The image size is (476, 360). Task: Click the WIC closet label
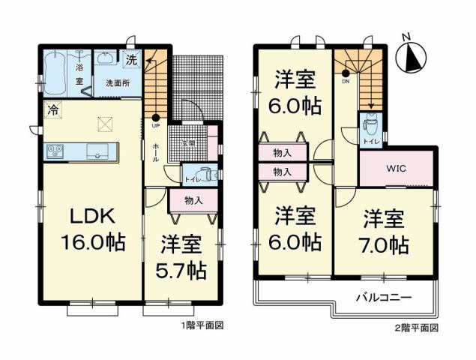point(396,168)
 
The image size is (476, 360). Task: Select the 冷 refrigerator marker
point(53,108)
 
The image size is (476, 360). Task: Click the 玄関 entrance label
point(187,142)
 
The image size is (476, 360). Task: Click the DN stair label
point(346,82)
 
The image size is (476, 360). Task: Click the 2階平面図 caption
point(417,328)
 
